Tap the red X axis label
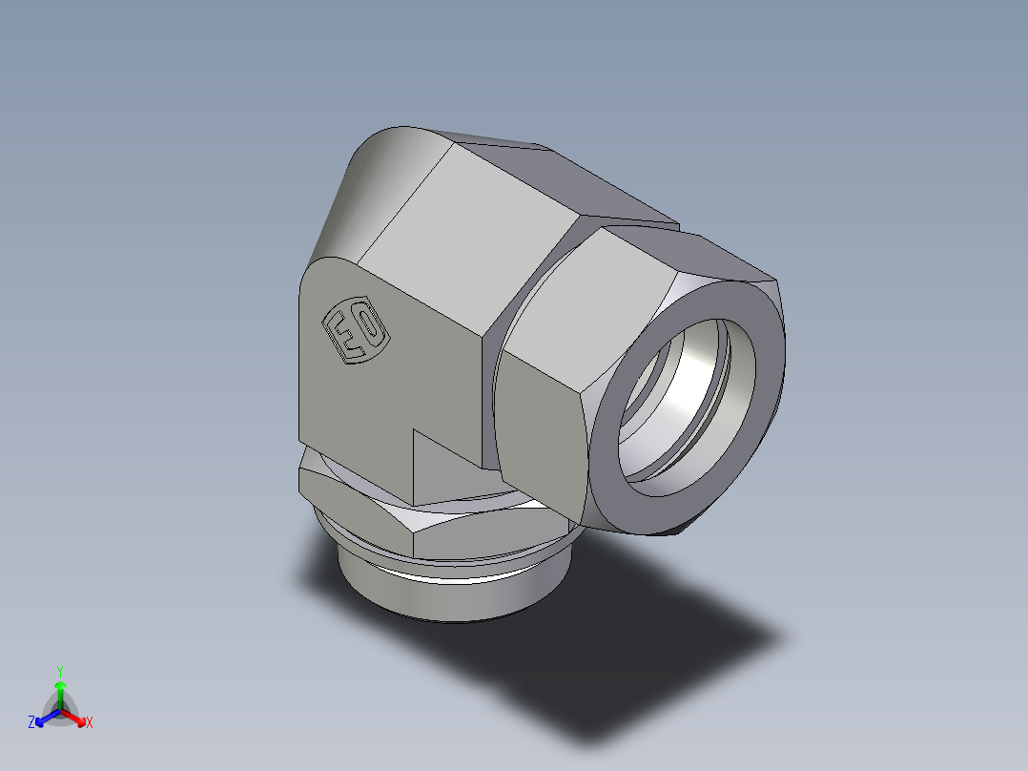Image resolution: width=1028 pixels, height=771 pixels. (90, 723)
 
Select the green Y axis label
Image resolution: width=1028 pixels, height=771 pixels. (59, 671)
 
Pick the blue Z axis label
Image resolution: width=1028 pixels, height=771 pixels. (31, 723)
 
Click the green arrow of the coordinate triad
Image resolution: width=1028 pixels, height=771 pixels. (60, 689)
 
